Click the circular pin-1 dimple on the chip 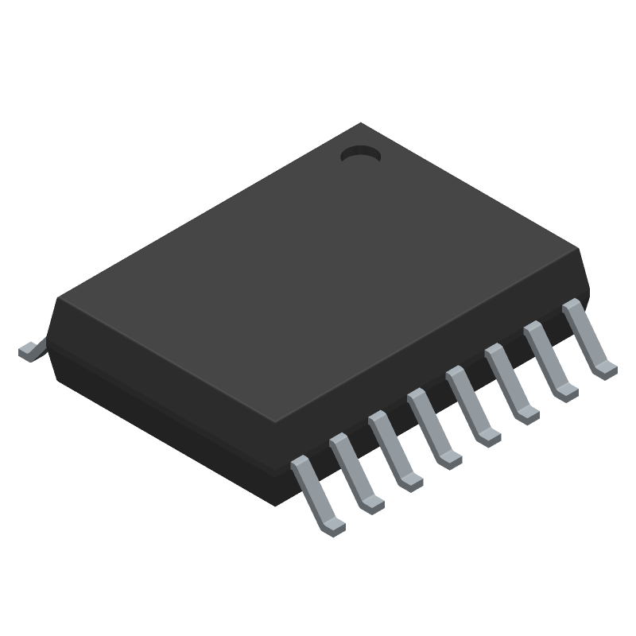point(360,154)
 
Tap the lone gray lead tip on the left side point(29,351)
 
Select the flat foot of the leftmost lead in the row point(333,525)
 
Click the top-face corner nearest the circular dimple point(363,123)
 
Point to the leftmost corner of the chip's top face point(57,298)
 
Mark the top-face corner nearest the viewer point(276,422)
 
